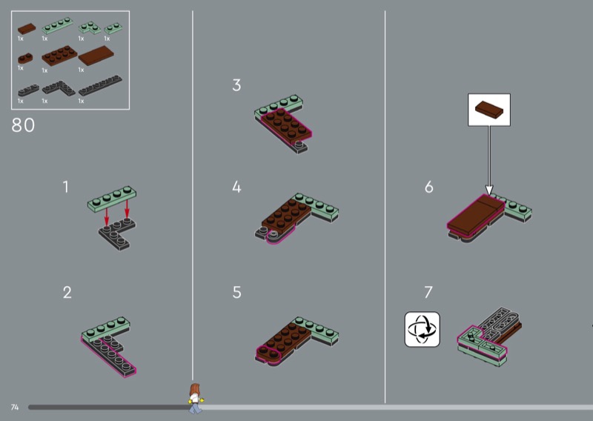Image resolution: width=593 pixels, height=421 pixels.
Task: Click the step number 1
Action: (x=66, y=187)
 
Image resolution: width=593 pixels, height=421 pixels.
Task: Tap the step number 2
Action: (x=67, y=292)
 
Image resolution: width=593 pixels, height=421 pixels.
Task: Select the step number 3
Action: (x=236, y=85)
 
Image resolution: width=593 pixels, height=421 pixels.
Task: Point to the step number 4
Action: (x=236, y=187)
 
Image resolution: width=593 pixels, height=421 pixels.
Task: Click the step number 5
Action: (x=236, y=292)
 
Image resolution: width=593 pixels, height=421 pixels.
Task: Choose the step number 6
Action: (x=429, y=187)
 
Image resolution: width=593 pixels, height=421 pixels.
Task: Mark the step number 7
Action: (x=428, y=292)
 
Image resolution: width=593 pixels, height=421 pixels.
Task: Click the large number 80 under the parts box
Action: (x=23, y=125)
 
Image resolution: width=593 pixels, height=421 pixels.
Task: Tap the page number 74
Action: (x=15, y=407)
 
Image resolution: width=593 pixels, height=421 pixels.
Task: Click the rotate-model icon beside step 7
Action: (x=422, y=329)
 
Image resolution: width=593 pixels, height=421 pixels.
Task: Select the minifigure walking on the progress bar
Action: (x=195, y=398)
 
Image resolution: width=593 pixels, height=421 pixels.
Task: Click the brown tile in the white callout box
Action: (x=489, y=108)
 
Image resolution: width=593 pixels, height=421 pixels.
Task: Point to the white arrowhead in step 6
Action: (x=489, y=190)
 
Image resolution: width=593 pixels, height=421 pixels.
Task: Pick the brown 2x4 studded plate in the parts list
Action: (x=59, y=56)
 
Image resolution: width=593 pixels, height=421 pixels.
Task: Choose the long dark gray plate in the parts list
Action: (x=100, y=85)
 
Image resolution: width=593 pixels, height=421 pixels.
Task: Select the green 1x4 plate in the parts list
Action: (x=58, y=25)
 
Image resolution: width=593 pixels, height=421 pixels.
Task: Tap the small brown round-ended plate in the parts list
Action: (x=25, y=59)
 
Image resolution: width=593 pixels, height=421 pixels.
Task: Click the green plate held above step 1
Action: (x=112, y=199)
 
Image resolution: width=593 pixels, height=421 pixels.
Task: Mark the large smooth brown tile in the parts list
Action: (x=96, y=56)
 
